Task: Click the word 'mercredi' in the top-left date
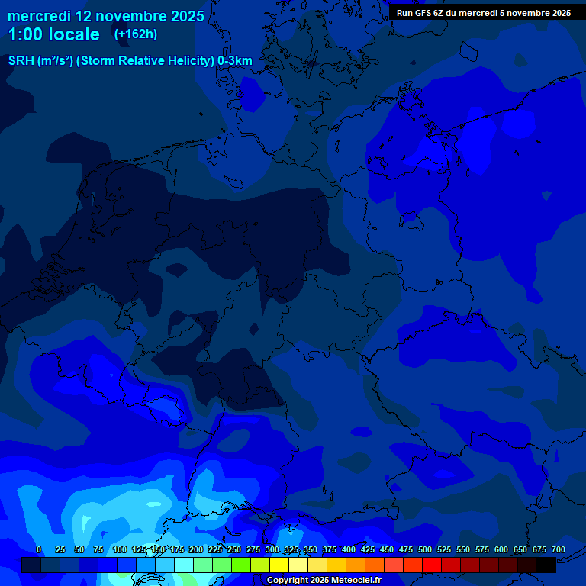pyautogui.click(x=39, y=16)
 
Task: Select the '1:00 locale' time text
pyautogui.click(x=53, y=35)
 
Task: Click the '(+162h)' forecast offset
pyautogui.click(x=135, y=34)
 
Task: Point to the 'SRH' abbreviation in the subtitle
pyautogui.click(x=21, y=61)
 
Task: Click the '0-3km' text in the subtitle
pyautogui.click(x=235, y=61)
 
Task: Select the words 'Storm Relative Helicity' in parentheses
pyautogui.click(x=145, y=61)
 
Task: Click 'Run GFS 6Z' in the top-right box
pyautogui.click(x=420, y=13)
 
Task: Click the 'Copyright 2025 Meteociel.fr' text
pyautogui.click(x=324, y=580)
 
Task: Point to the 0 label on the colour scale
pyautogui.click(x=39, y=549)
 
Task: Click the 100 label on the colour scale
pyautogui.click(x=120, y=549)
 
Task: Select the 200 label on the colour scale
pyautogui.click(x=196, y=549)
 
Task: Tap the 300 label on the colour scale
pyautogui.click(x=272, y=549)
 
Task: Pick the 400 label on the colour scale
pyautogui.click(x=349, y=549)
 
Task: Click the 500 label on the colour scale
pyautogui.click(x=425, y=549)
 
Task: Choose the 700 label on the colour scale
pyautogui.click(x=559, y=549)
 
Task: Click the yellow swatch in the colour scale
pyautogui.click(x=279, y=565)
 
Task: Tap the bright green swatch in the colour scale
pyautogui.click(x=241, y=565)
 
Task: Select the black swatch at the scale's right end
pyautogui.click(x=546, y=565)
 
